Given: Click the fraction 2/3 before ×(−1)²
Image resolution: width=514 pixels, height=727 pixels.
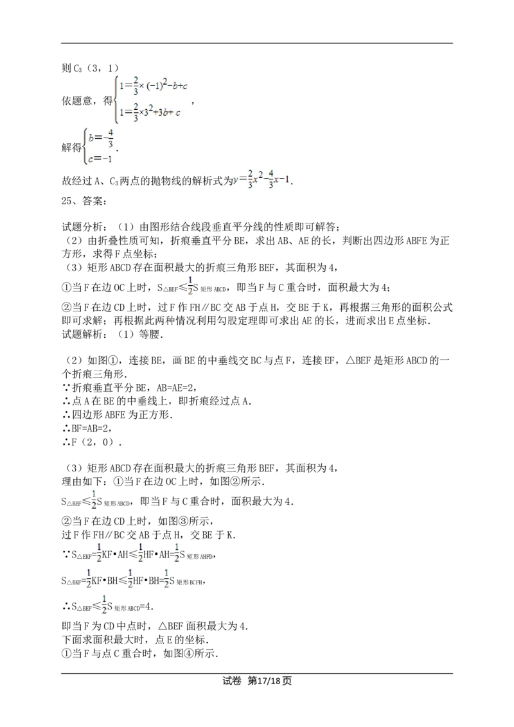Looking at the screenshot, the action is (x=136, y=85).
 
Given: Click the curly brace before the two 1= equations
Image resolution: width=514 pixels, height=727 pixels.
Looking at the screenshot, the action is (x=115, y=99).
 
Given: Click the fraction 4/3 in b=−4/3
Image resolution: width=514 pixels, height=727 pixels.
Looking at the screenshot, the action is (x=111, y=138).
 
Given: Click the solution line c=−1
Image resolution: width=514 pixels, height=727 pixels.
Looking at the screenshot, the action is (x=100, y=160).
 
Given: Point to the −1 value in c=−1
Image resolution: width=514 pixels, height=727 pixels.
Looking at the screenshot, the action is (x=107, y=160).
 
